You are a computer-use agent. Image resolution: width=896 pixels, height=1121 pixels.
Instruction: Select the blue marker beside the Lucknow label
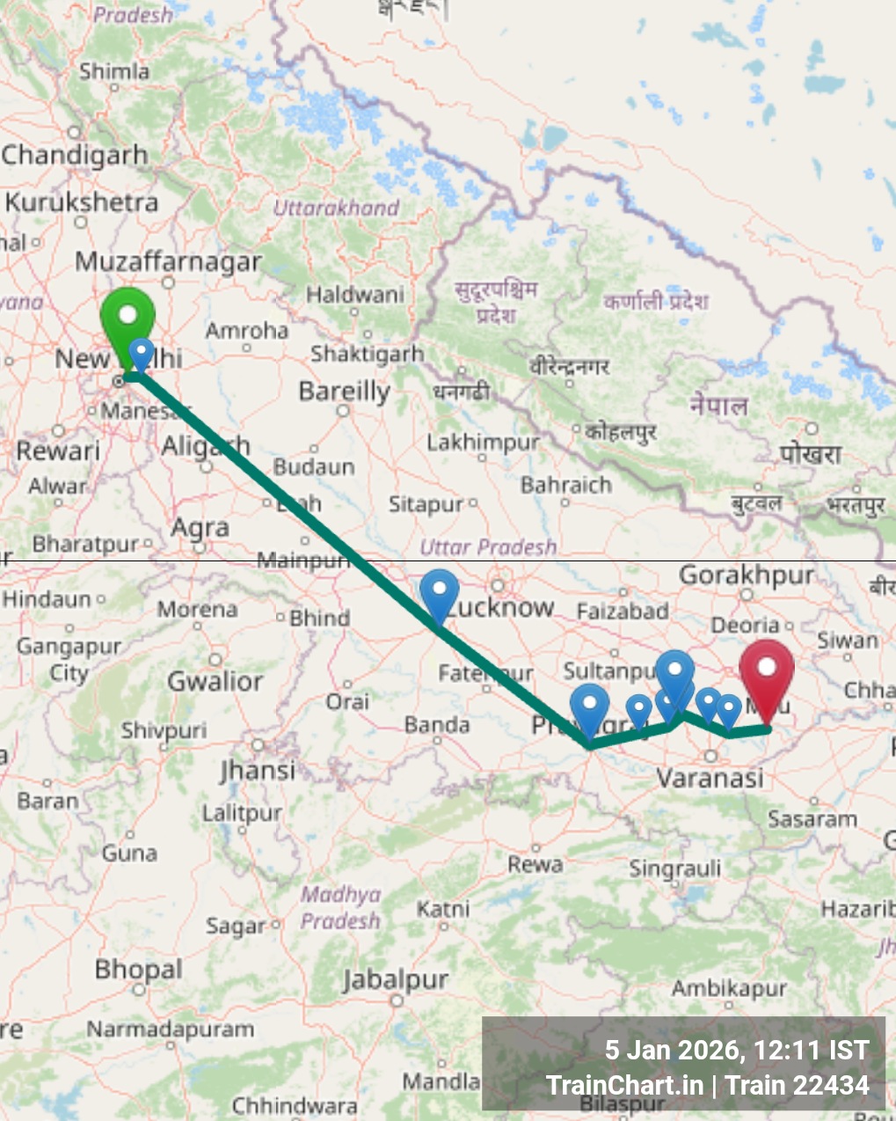(439, 591)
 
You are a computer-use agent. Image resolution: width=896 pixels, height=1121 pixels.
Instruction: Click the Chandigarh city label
(75, 155)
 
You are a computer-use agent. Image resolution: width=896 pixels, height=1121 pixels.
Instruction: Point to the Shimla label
(114, 70)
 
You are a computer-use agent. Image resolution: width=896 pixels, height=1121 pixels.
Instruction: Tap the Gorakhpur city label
(747, 575)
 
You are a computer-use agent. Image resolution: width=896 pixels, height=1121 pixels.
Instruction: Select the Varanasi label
(710, 778)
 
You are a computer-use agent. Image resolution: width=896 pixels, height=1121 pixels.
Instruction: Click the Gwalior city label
(215, 680)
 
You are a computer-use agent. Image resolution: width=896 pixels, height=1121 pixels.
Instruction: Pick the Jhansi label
(258, 770)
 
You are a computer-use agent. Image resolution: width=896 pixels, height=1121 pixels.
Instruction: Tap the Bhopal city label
(139, 970)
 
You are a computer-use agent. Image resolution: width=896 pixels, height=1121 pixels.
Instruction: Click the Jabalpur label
(396, 978)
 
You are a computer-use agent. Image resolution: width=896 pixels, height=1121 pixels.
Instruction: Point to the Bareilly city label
(344, 391)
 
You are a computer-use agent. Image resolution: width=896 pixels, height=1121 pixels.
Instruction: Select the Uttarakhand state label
(337, 209)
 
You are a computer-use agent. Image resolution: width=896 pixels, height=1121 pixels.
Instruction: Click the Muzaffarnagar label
(169, 261)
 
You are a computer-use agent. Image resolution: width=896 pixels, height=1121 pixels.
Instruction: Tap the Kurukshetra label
(81, 202)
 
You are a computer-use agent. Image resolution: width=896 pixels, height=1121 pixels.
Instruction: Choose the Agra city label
(200, 528)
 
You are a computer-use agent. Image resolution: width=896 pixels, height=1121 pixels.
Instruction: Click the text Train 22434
(797, 1086)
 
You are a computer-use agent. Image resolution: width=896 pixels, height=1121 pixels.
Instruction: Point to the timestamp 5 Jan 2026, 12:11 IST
(737, 1050)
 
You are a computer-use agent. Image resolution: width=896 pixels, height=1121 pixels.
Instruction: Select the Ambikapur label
(729, 988)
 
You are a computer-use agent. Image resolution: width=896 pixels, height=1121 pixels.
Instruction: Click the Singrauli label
(674, 869)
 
